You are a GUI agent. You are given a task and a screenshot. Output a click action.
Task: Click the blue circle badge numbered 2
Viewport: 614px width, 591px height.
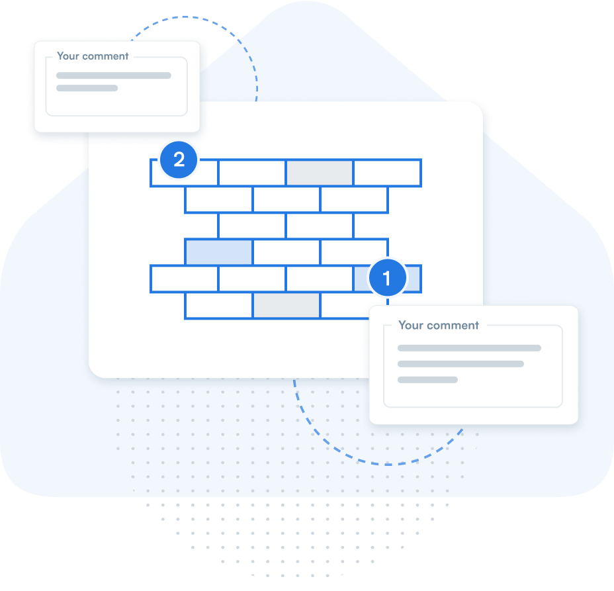click(179, 159)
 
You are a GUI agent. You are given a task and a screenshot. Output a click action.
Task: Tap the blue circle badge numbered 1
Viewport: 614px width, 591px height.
click(387, 278)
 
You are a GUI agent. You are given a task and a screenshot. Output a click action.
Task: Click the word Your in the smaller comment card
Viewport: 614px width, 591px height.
click(68, 56)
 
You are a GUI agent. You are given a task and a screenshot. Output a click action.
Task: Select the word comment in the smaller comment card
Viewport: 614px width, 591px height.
click(105, 56)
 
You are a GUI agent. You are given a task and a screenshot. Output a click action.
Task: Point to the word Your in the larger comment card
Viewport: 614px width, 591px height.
click(411, 325)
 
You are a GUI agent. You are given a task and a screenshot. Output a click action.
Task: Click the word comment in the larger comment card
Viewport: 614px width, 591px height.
click(453, 326)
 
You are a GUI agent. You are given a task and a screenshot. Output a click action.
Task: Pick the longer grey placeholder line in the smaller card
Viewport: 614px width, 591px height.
click(114, 75)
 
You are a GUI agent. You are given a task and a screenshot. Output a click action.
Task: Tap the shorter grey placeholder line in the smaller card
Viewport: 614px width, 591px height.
click(87, 88)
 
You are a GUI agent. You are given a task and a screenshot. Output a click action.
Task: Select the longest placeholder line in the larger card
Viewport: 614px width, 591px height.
click(469, 348)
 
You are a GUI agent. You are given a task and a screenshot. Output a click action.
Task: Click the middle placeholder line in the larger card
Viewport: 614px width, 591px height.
click(460, 364)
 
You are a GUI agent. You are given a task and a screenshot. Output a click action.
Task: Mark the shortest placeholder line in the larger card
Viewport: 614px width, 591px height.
click(427, 379)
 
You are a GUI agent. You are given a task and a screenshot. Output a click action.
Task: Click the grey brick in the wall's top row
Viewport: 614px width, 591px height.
click(320, 173)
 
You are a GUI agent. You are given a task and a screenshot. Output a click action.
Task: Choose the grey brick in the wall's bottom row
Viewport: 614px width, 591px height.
click(286, 304)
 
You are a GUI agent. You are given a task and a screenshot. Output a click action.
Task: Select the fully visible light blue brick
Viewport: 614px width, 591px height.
click(219, 252)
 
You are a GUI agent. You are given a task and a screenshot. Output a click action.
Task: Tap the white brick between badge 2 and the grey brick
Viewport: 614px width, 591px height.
click(252, 173)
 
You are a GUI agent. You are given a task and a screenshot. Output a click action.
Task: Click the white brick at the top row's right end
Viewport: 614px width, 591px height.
click(387, 173)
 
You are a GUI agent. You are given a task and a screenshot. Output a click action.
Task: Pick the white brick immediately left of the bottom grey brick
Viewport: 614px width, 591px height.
click(219, 305)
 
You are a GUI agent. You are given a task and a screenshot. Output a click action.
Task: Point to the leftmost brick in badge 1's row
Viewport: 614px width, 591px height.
click(184, 279)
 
